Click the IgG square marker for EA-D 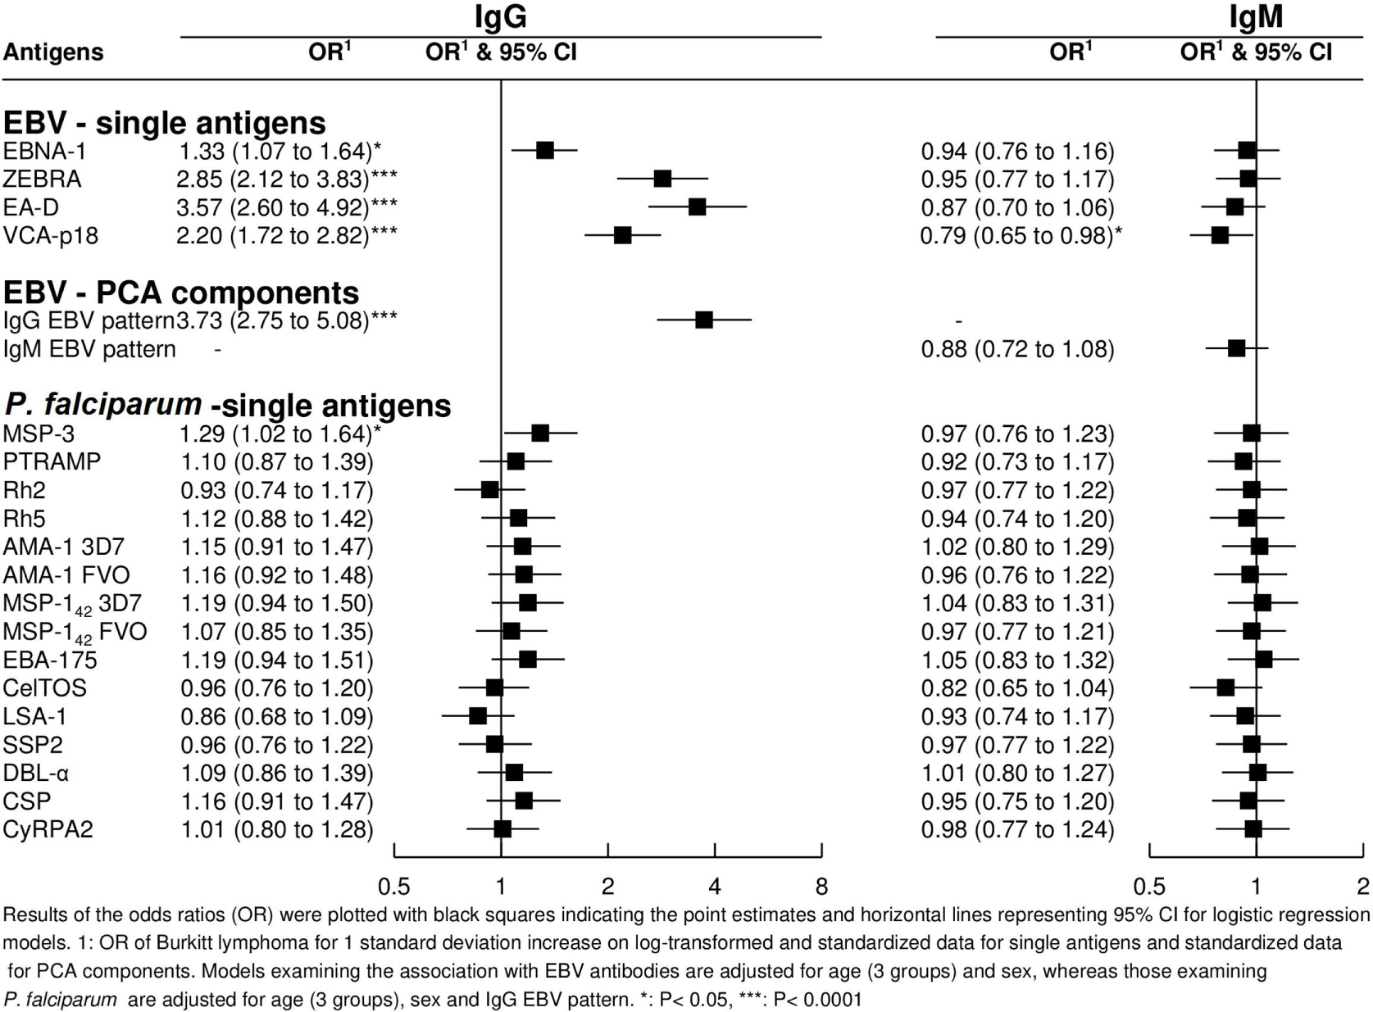697,207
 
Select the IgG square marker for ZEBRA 662,179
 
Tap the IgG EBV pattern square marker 703,320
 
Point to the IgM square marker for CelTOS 1225,688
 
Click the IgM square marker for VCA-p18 1220,235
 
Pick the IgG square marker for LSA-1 478,716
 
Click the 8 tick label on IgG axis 821,887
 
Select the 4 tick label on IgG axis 715,887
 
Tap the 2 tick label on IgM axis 1363,887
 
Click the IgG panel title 500,16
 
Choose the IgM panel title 1256,16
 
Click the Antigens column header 53,52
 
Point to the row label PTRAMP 52,461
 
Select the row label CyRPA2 48,829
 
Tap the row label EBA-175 50,660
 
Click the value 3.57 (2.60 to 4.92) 287,207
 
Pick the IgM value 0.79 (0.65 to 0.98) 1021,236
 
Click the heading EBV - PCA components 181,293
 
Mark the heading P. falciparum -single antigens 227,405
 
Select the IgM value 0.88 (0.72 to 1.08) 1017,349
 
